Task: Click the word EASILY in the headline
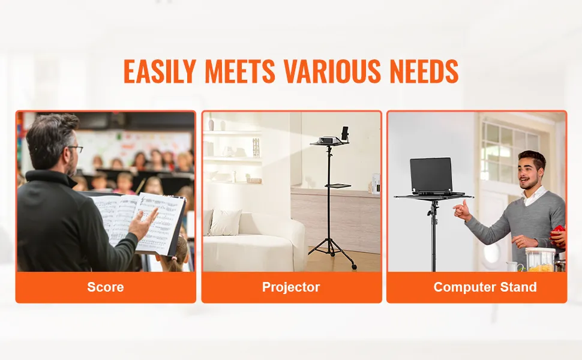pos(160,71)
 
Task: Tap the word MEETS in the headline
pos(240,71)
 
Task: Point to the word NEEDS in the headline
pos(424,71)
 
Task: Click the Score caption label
pos(106,287)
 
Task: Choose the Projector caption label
pos(291,287)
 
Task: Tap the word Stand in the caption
pos(518,287)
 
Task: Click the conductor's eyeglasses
pos(76,149)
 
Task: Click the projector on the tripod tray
pos(328,140)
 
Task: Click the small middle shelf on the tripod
pos(338,185)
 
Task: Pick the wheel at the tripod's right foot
pos(354,266)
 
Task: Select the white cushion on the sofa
pos(226,222)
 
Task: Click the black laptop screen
pos(431,174)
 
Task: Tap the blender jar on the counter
pos(541,259)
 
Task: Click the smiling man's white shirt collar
pos(535,196)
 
